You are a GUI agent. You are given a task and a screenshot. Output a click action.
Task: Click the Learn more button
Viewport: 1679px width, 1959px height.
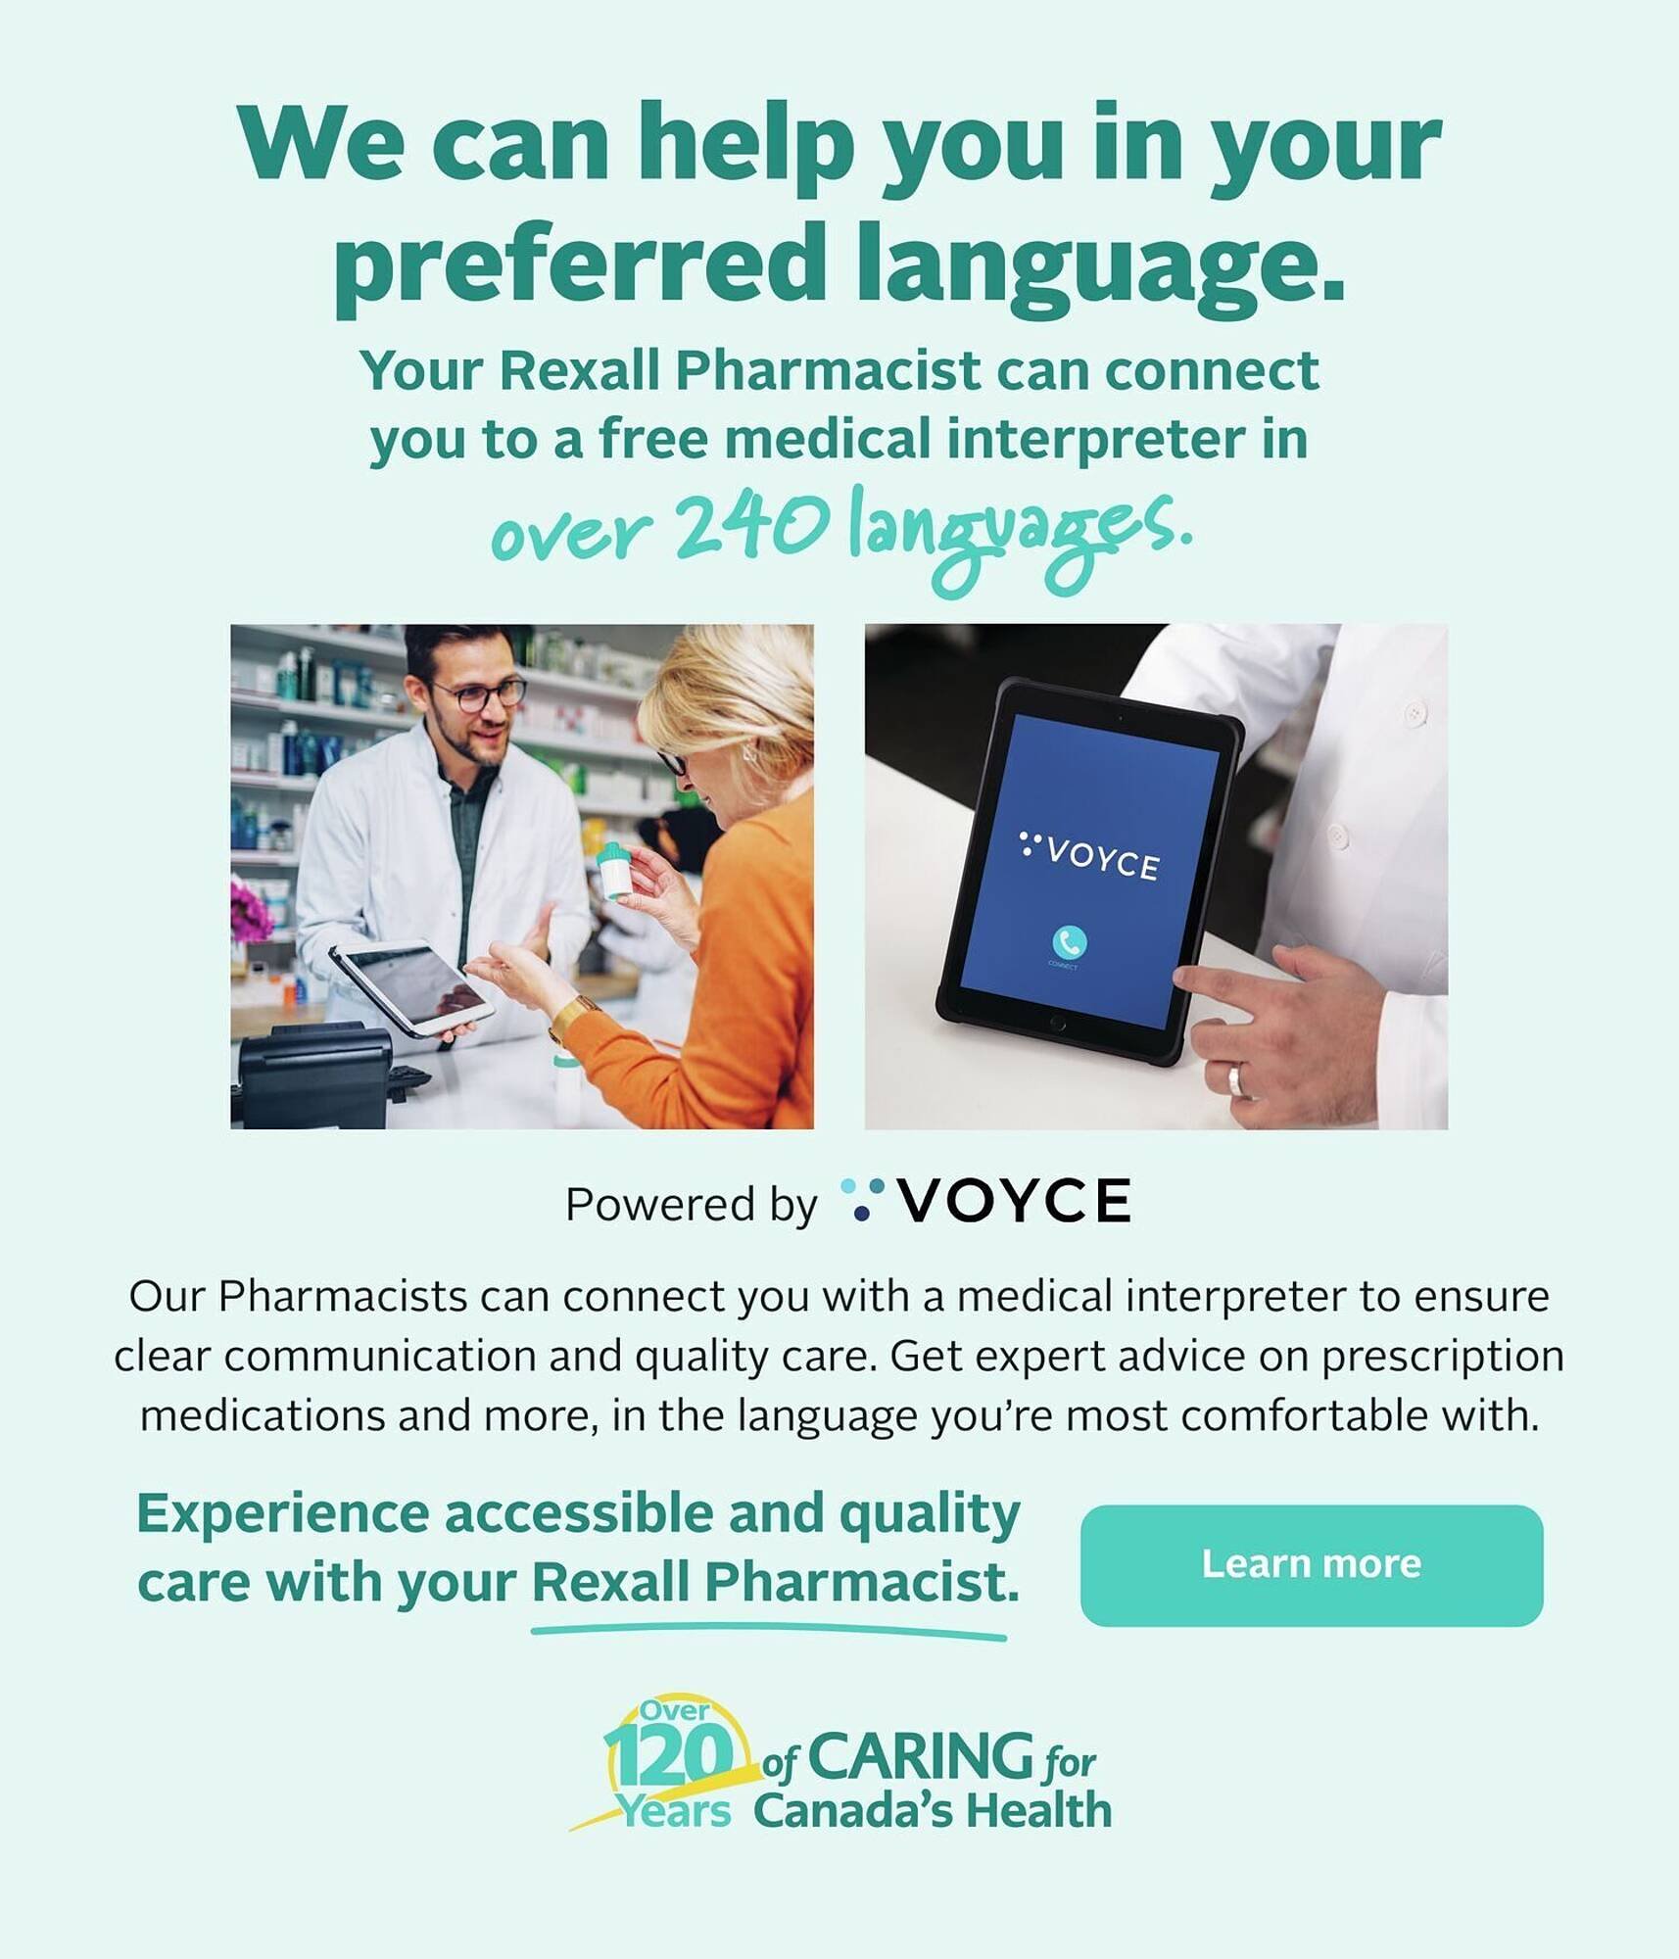pos(1312,1564)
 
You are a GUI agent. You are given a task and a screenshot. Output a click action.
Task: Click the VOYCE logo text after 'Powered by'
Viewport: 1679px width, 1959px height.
pos(1014,1202)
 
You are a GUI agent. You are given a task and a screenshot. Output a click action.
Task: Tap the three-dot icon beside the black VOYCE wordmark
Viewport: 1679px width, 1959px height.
pos(862,1200)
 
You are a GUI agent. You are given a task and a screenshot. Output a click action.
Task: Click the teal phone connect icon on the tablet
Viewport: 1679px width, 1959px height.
pos(1069,942)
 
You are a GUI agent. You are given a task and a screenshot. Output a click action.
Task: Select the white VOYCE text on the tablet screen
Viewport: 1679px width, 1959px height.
pos(1101,860)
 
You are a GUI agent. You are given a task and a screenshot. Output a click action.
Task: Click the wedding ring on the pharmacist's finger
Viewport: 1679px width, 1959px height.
pos(1237,1078)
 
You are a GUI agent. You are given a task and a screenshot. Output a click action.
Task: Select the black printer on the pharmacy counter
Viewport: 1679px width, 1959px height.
pos(312,1075)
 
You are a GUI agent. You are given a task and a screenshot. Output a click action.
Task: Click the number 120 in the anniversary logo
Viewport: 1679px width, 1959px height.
pos(669,1755)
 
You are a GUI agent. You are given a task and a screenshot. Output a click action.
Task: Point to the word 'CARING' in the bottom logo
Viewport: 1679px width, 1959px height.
pos(921,1756)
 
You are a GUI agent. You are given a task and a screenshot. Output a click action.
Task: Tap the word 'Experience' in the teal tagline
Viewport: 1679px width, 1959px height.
pos(282,1514)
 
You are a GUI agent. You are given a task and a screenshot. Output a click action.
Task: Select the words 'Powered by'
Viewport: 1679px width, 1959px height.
pos(691,1205)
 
